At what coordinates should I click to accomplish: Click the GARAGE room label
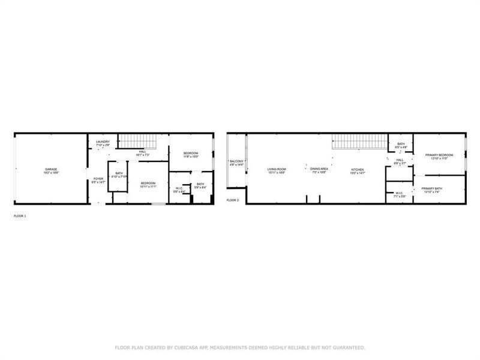pyautogui.click(x=51, y=169)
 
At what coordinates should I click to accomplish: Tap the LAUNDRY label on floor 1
pyautogui.click(x=103, y=142)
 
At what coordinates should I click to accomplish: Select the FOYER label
pyautogui.click(x=98, y=178)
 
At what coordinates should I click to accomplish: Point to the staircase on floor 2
pyautogui.click(x=358, y=142)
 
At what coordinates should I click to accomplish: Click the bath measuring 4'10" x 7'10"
pyautogui.click(x=119, y=175)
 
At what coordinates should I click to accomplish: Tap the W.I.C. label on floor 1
pyautogui.click(x=179, y=190)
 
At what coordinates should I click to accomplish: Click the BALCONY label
pyautogui.click(x=236, y=161)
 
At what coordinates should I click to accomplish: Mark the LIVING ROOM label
pyautogui.click(x=277, y=169)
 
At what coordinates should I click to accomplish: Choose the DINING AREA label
pyautogui.click(x=319, y=169)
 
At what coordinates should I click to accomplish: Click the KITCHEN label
pyautogui.click(x=358, y=169)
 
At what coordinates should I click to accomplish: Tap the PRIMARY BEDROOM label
pyautogui.click(x=439, y=155)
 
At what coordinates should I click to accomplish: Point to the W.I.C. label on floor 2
pyautogui.click(x=399, y=194)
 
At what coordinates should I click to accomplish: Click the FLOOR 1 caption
pyautogui.click(x=20, y=215)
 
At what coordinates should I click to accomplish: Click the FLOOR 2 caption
pyautogui.click(x=233, y=200)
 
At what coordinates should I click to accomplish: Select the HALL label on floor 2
pyautogui.click(x=400, y=160)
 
